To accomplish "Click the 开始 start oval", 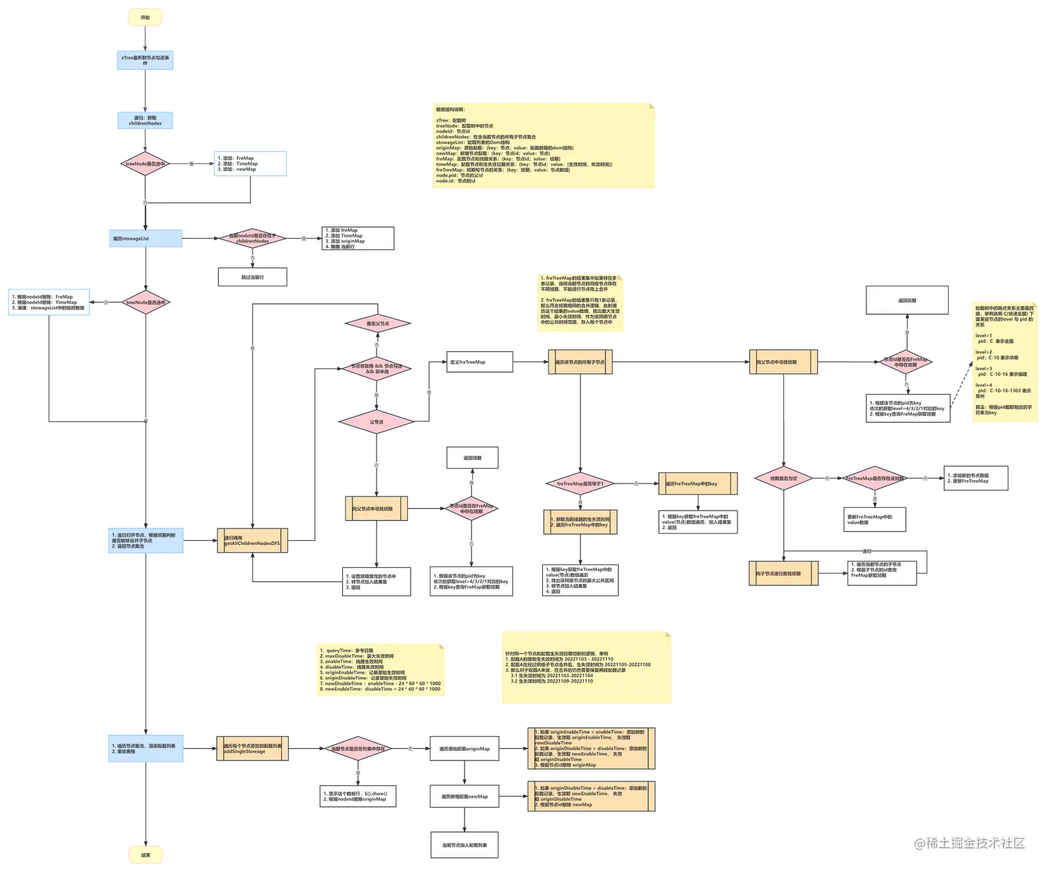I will coord(145,18).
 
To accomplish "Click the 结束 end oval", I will coord(145,855).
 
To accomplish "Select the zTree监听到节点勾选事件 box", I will coord(145,60).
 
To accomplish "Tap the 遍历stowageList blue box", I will coord(145,238).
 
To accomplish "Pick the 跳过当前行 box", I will coord(252,277).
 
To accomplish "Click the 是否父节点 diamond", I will coord(377,323).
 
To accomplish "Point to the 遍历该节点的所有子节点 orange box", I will coord(580,362).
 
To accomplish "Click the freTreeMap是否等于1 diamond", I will coord(580,483).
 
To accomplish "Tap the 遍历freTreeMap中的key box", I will coord(697,483).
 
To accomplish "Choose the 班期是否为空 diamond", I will coord(785,479).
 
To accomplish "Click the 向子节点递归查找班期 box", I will coord(783,573).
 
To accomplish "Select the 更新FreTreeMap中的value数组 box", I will coord(874,519).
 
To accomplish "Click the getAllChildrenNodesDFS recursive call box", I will coord(252,541).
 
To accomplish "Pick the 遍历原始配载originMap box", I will coord(464,749).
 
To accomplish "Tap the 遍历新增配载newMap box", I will coord(464,797).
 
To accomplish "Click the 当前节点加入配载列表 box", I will coord(464,845).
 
